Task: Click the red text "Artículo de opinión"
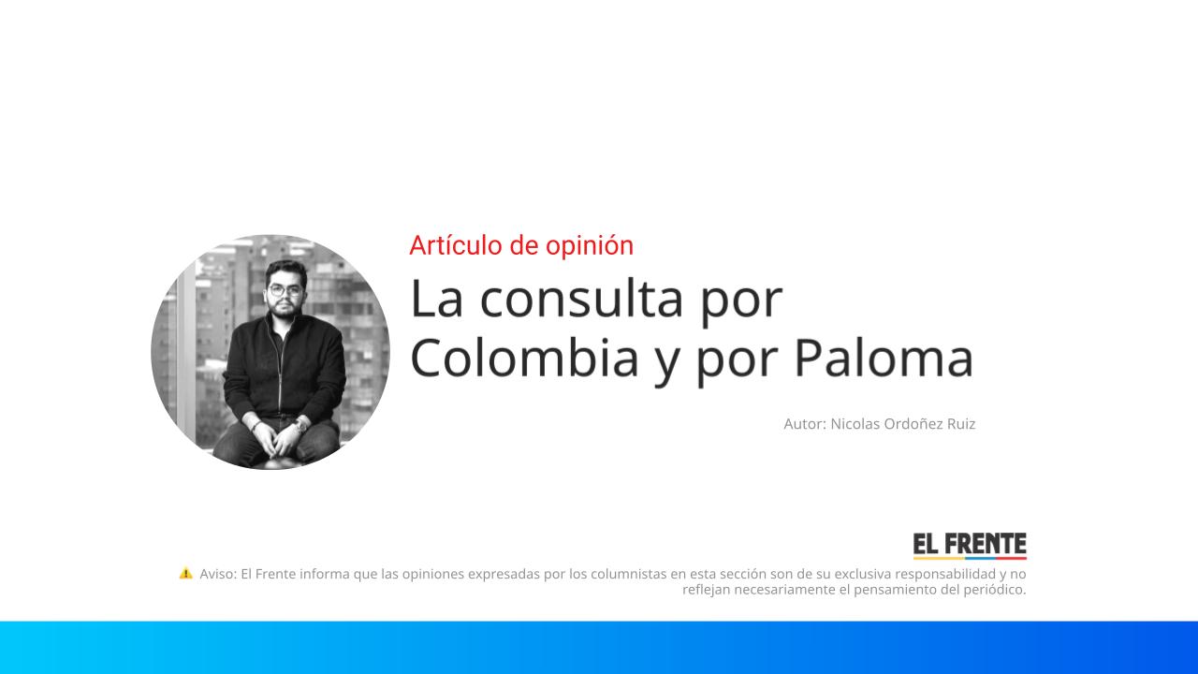(x=521, y=245)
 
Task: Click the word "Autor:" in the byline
(x=805, y=424)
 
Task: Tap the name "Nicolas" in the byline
(x=855, y=424)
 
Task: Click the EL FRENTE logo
(x=970, y=546)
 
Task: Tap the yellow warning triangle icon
(x=185, y=573)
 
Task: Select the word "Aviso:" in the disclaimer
(x=218, y=574)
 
